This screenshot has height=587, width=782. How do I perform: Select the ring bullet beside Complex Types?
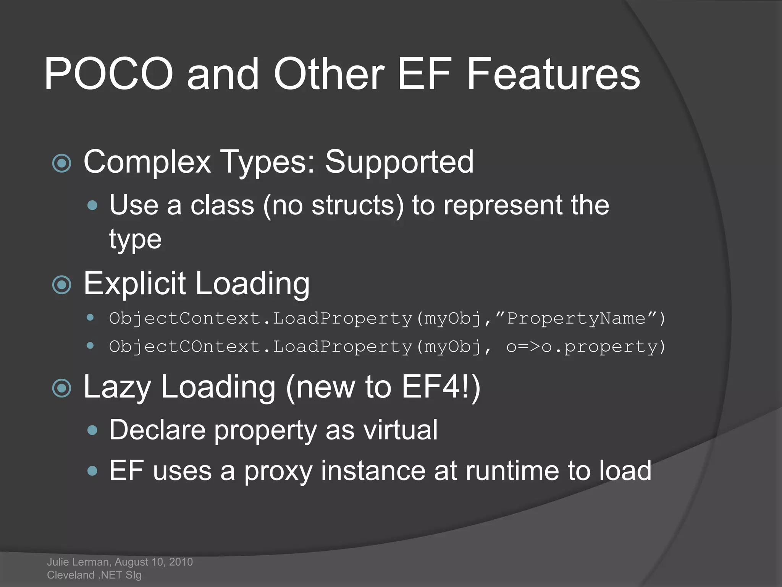click(x=62, y=164)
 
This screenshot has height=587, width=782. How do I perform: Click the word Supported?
click(x=399, y=162)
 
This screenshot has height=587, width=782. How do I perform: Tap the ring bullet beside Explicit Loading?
click(x=62, y=285)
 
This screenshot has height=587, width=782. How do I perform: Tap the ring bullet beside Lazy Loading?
click(x=62, y=388)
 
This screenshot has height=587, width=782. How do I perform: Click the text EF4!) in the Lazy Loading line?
click(x=441, y=387)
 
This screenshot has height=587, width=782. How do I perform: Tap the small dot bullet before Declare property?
click(x=92, y=430)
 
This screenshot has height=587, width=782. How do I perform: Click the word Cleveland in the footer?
click(x=71, y=575)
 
